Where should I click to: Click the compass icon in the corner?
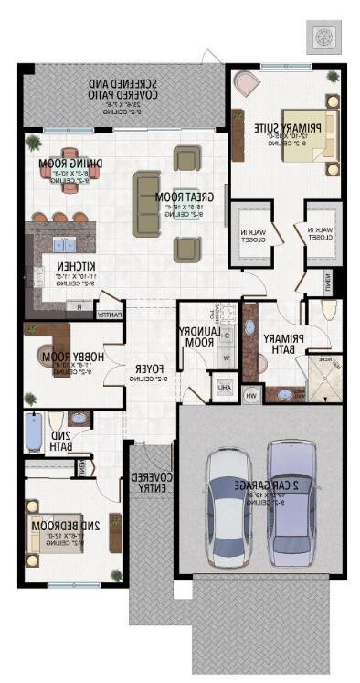tap(324, 37)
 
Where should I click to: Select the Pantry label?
tap(109, 315)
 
